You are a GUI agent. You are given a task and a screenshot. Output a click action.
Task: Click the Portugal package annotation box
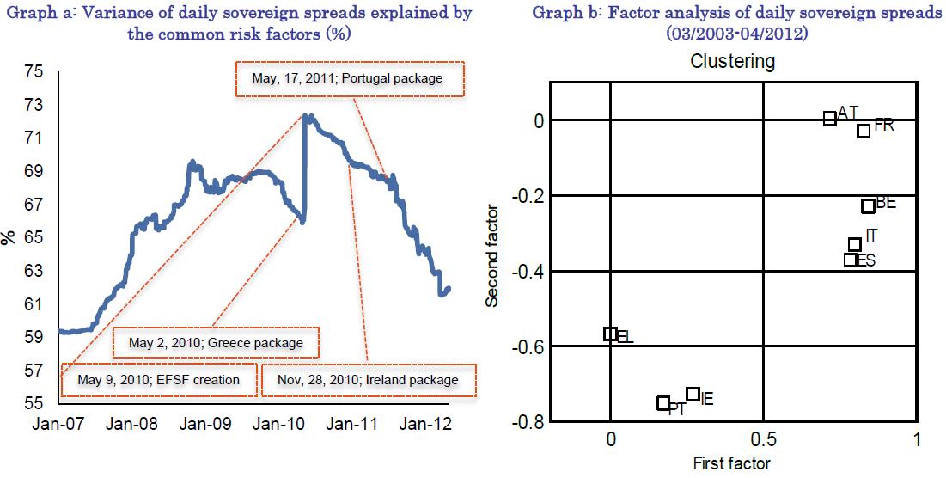point(347,78)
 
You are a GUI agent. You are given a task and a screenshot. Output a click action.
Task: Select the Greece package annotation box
point(216,342)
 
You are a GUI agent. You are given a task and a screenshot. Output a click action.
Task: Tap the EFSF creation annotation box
point(159,379)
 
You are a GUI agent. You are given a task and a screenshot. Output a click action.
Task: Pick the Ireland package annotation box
point(367,379)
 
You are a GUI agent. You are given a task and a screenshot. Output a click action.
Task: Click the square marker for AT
point(829,119)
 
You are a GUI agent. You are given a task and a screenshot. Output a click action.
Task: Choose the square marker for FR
point(864,131)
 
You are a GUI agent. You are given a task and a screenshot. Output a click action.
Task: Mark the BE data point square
point(868,206)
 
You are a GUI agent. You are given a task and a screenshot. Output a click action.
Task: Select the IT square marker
point(855,245)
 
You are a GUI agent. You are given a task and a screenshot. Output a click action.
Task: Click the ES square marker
point(851,260)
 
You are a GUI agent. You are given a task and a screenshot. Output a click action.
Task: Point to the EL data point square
point(610,334)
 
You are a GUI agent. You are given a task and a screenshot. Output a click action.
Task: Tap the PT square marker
point(663,403)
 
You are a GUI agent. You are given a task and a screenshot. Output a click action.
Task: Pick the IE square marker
point(693,395)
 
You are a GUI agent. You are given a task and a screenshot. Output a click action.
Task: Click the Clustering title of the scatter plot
point(733,62)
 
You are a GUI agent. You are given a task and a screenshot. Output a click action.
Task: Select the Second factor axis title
point(493,254)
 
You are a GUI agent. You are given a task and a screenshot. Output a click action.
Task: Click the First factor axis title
point(732,463)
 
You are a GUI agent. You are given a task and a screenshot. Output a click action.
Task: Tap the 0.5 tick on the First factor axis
point(763,440)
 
